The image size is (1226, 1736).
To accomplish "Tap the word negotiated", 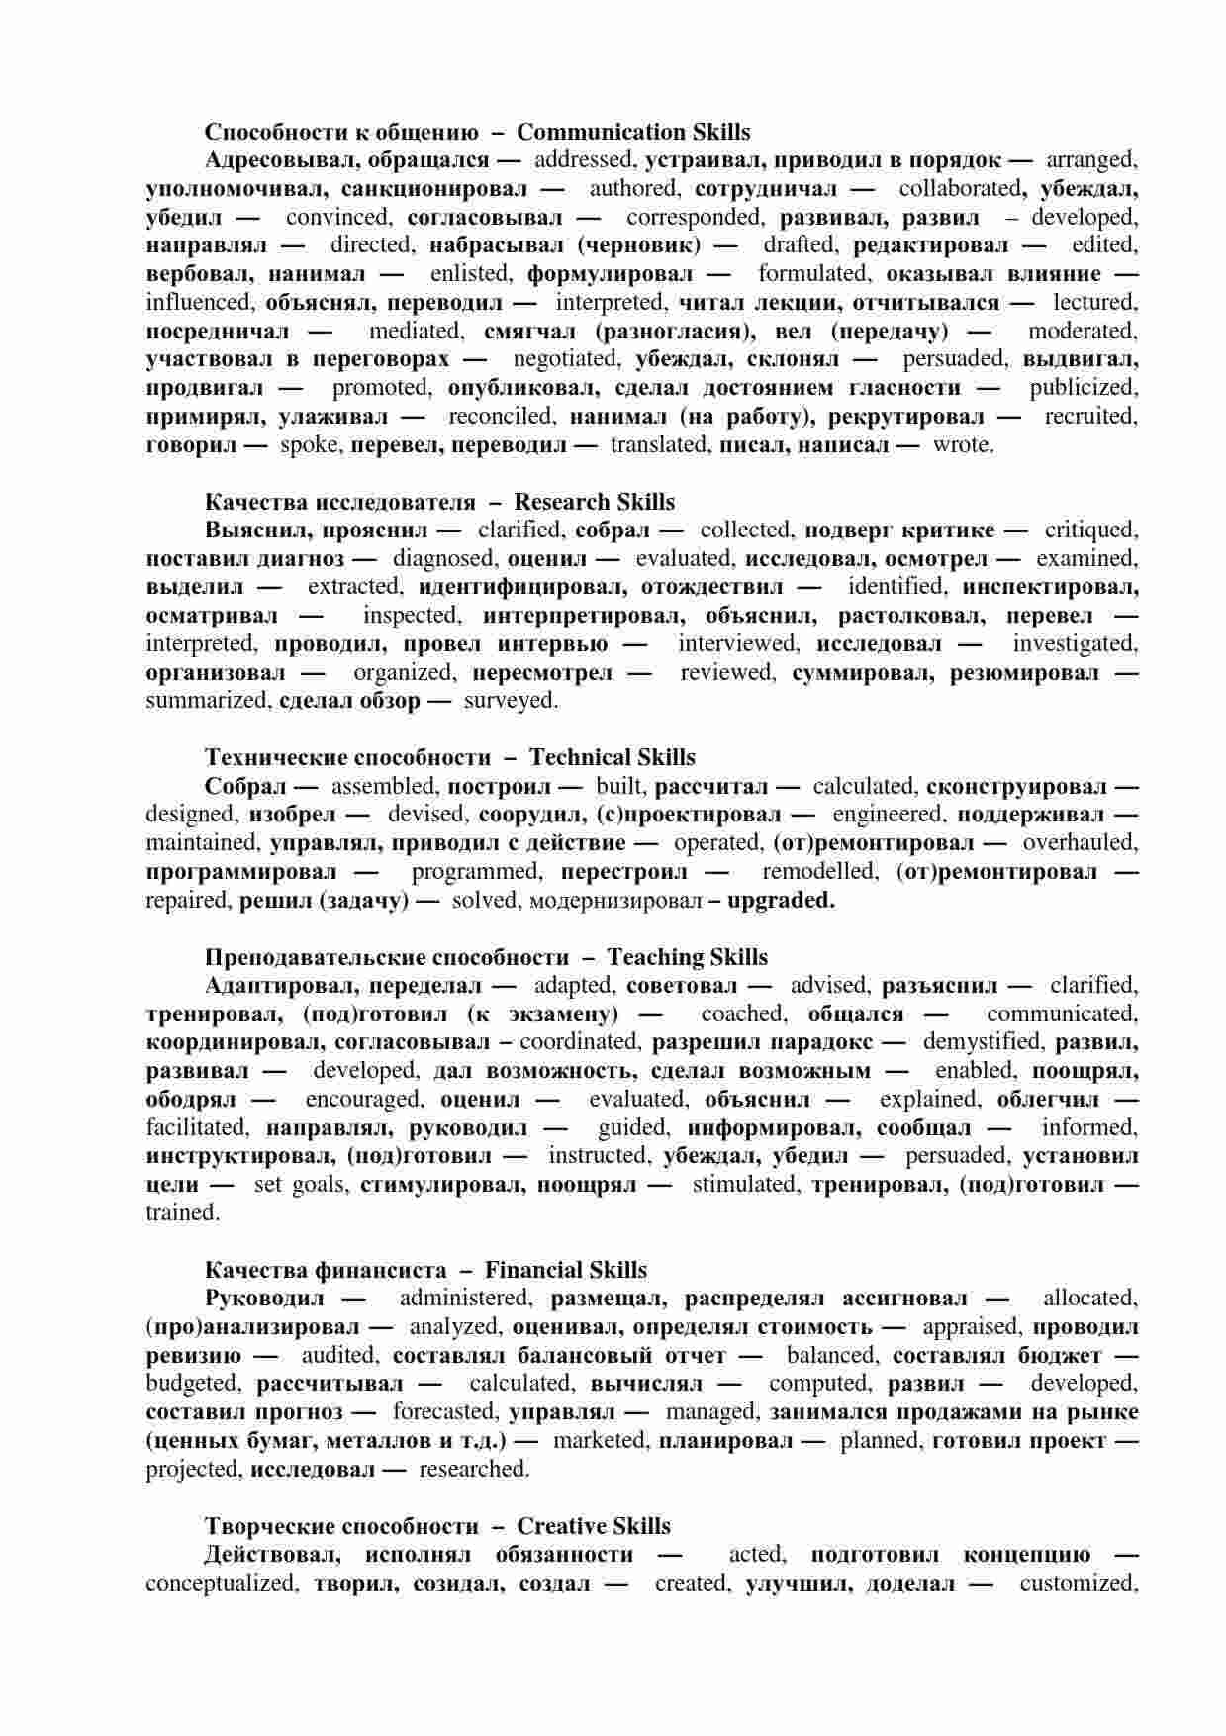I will click(x=566, y=359).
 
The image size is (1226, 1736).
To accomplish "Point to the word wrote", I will click(x=963, y=444).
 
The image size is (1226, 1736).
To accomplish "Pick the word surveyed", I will click(x=511, y=701).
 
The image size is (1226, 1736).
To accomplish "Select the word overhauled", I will click(x=1080, y=843).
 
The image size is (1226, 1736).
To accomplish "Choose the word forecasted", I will click(x=443, y=1411).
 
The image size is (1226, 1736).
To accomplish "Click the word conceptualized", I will click(x=221, y=1583).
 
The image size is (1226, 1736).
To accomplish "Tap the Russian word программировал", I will click(x=240, y=872).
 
